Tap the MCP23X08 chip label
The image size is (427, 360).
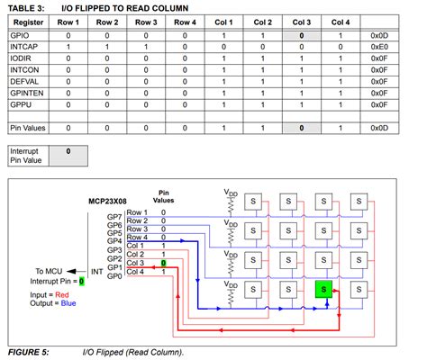[x=108, y=202]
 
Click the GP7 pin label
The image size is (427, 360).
[x=114, y=216]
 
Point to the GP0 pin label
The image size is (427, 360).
[x=114, y=274]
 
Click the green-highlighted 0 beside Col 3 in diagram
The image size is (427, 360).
[x=163, y=263]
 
